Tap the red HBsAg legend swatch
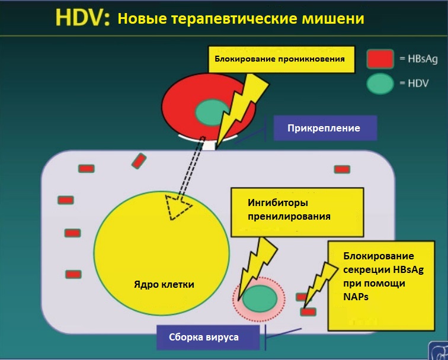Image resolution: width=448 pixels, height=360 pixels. pos(380,58)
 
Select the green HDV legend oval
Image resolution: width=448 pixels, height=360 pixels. pos(380,83)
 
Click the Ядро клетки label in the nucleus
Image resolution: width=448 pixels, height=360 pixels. pos(164,284)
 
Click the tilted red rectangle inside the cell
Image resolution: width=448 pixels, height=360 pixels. pos(139,160)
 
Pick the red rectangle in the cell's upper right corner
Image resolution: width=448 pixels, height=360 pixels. pos(342,169)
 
